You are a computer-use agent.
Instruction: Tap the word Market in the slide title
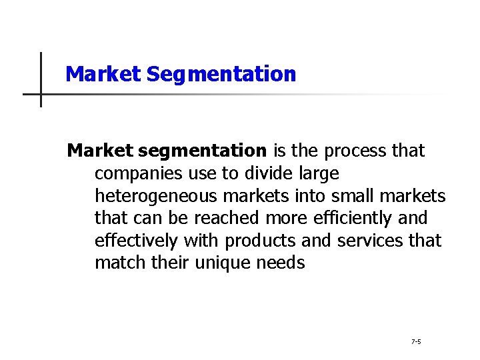(104, 73)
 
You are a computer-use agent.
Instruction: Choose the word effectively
(135, 240)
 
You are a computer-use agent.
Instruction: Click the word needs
(281, 263)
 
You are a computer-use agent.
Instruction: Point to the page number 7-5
(416, 342)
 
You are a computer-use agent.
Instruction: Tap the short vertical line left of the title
(41, 79)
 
